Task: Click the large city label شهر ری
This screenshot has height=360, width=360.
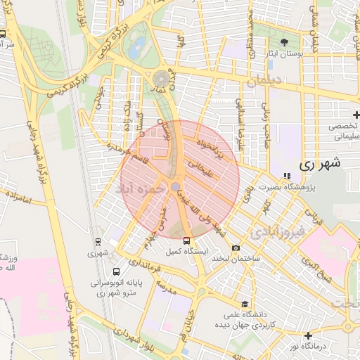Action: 319,165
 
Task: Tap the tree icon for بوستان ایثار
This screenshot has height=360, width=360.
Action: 284,41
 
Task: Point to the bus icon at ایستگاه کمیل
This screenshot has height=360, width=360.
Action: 186,241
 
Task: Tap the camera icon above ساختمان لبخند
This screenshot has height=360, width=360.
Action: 235,247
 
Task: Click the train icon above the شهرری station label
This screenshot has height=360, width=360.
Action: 98,242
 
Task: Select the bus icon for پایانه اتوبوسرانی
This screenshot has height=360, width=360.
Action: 115,271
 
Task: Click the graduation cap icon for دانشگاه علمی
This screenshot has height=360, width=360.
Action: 244,304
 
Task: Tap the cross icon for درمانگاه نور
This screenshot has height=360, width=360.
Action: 307,335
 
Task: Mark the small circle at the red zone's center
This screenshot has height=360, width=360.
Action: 175,186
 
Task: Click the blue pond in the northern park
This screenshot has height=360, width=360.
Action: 136,46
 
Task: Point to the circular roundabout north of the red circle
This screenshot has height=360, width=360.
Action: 162,78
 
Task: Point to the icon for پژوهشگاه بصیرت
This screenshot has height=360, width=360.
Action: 285,176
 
